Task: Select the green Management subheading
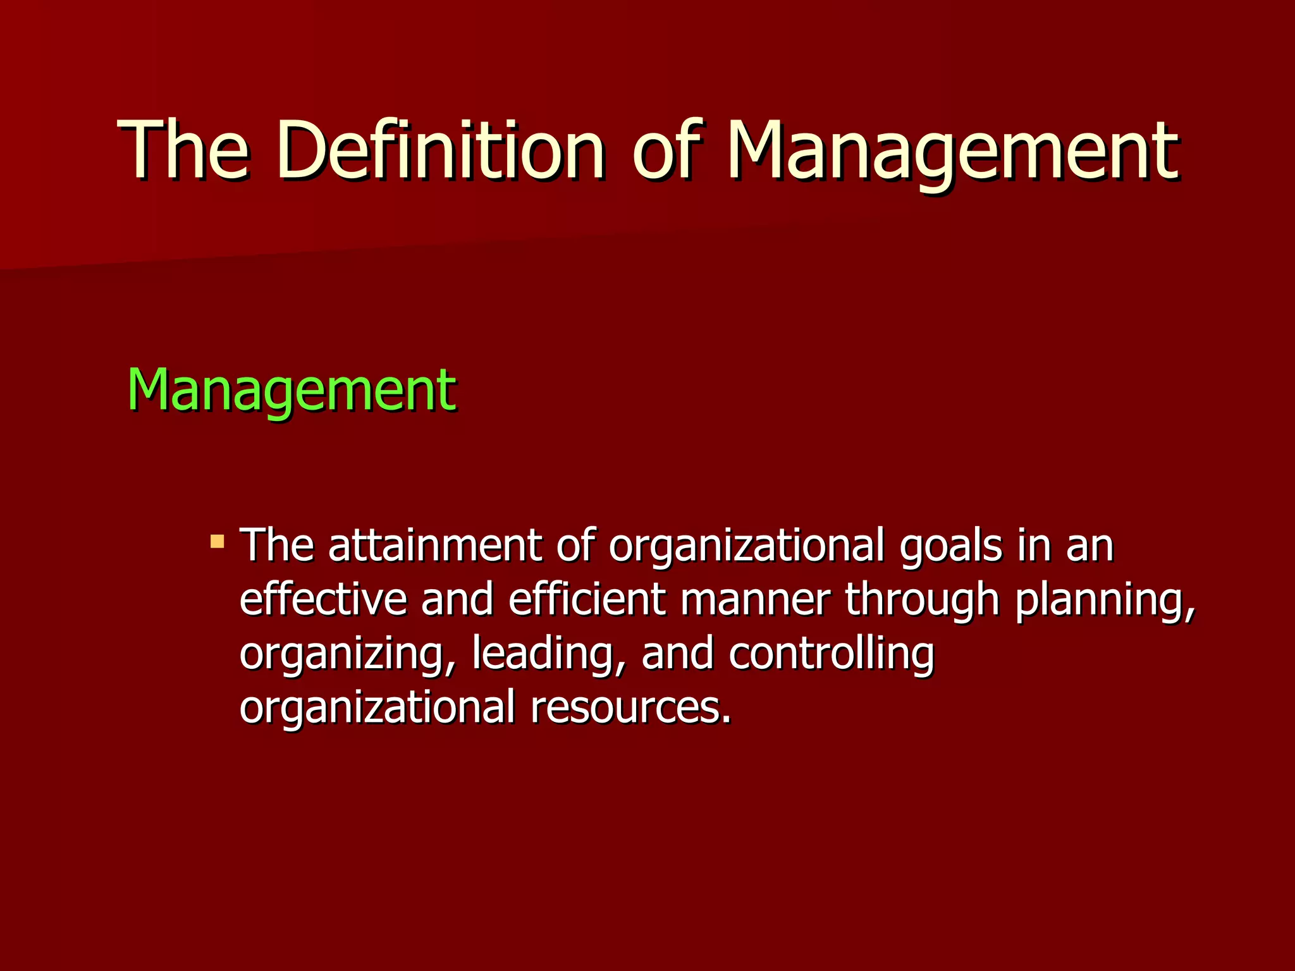pos(292,389)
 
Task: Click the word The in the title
pos(183,150)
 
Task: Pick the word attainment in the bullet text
pos(435,545)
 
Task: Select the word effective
pos(324,599)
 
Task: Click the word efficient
pos(587,599)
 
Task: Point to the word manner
pos(756,599)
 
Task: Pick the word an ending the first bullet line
pos(1089,545)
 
